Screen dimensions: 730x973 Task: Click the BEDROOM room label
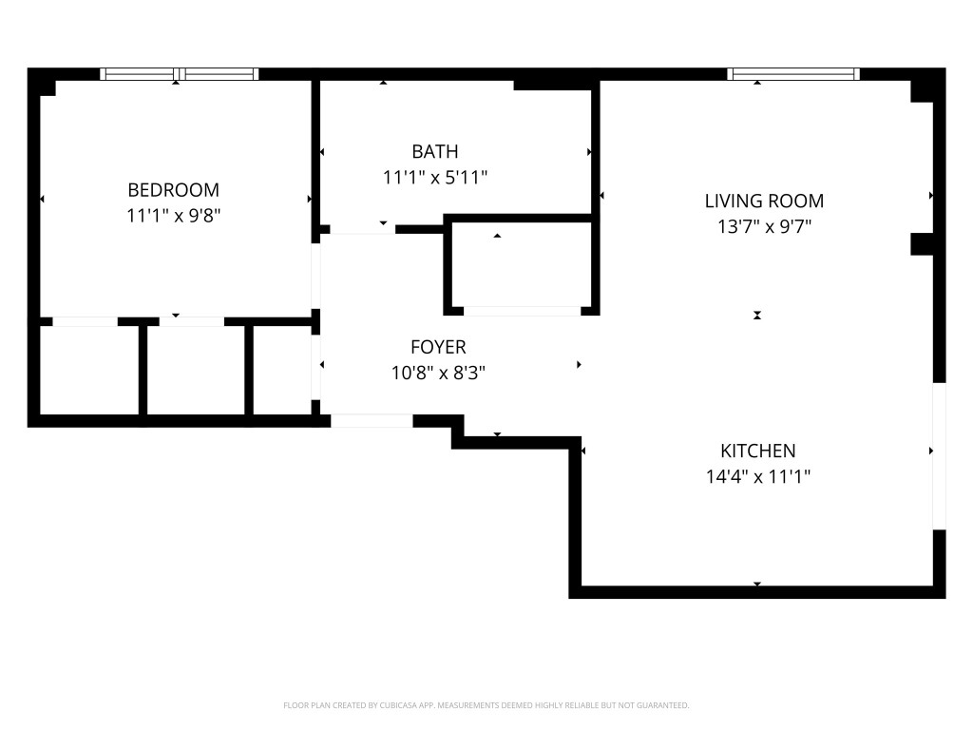pos(173,189)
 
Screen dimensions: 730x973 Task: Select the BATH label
pos(434,151)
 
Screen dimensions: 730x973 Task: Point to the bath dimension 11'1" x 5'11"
pos(434,177)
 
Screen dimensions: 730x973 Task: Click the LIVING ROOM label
pos(763,201)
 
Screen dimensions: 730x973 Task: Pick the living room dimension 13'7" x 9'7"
pos(763,226)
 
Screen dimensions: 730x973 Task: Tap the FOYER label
pos(438,347)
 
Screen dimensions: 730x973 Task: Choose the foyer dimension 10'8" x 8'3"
pos(438,373)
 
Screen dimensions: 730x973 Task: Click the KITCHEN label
pos(757,451)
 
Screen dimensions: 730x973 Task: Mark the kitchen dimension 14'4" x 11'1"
pos(757,476)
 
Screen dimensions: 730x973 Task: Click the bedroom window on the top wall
pos(180,74)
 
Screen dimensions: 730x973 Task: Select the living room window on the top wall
pos(793,74)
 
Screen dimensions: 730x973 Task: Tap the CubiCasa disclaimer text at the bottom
pos(486,705)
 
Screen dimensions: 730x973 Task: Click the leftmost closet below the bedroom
pos(89,370)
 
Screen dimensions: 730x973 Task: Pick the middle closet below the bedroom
pos(195,370)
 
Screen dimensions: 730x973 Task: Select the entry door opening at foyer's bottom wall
pos(372,420)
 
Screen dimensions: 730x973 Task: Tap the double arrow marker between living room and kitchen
pos(757,315)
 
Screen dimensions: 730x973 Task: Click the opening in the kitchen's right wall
pos(939,454)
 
